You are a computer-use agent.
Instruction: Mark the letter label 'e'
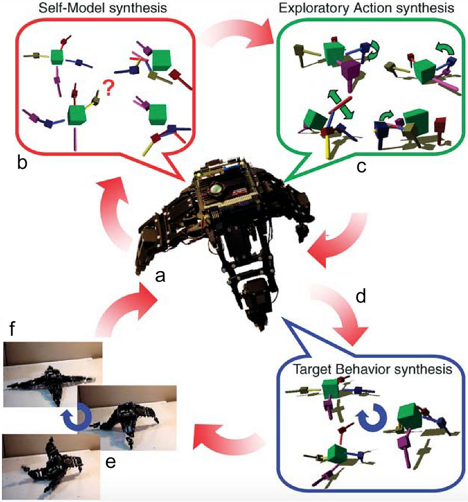(x=111, y=462)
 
